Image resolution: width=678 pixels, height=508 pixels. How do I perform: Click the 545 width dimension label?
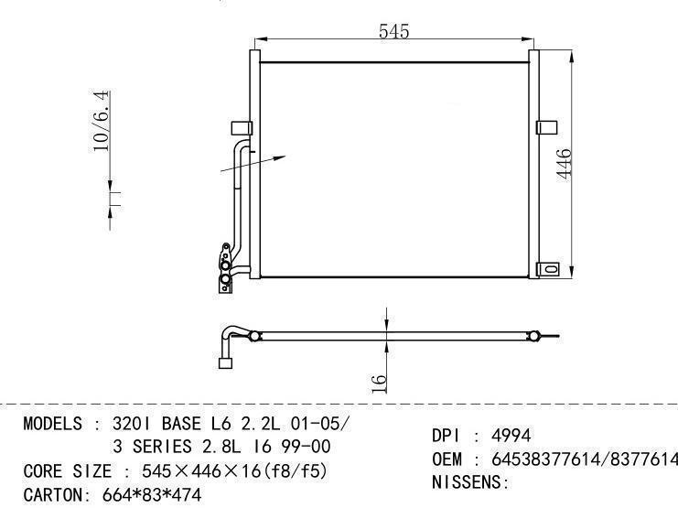(393, 31)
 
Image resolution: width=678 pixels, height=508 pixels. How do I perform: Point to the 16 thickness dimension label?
(379, 384)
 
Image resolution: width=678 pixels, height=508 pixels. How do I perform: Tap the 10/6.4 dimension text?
(102, 121)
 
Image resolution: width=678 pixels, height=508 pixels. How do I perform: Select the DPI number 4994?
(511, 436)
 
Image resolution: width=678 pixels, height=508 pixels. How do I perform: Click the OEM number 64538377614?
(546, 459)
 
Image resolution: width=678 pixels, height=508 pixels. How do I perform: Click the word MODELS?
(52, 423)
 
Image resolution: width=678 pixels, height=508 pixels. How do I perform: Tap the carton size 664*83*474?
(152, 494)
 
